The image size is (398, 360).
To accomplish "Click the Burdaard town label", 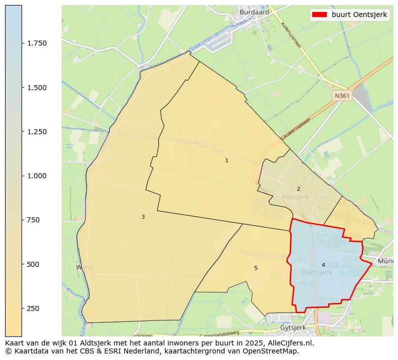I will [254, 12].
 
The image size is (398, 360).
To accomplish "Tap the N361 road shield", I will [342, 95].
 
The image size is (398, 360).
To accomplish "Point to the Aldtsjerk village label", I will [295, 197].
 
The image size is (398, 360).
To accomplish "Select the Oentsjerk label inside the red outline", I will [317, 272].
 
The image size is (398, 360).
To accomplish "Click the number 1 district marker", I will [227, 161].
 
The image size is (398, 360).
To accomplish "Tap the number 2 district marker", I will [298, 189].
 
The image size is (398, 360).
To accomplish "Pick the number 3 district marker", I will [143, 217].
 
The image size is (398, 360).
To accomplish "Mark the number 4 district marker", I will [323, 265].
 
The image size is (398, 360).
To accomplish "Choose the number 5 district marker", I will [256, 268].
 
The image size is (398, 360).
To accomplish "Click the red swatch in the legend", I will [319, 15].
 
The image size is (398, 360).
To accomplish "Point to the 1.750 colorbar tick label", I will [37, 44].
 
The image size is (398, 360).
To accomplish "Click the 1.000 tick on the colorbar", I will [37, 176].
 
